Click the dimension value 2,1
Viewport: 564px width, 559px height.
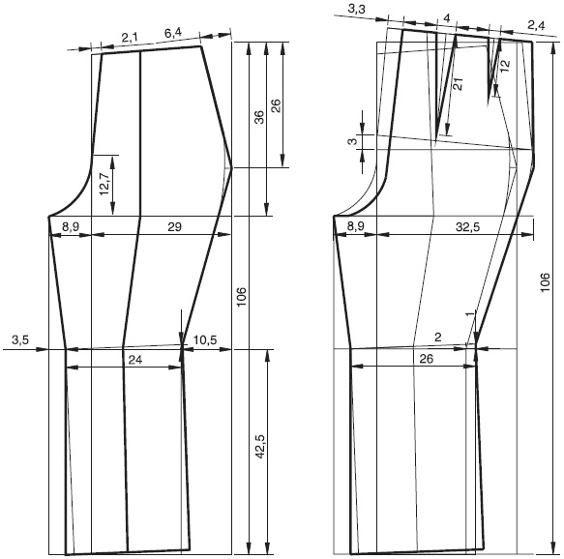click(x=130, y=38)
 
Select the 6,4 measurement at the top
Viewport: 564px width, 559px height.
click(x=173, y=33)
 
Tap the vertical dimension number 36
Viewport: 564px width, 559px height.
click(x=259, y=118)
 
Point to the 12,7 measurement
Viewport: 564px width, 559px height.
click(x=104, y=184)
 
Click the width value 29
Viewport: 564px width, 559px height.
click(x=174, y=227)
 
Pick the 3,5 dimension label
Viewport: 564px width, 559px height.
click(x=20, y=339)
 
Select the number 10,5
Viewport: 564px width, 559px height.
click(x=205, y=339)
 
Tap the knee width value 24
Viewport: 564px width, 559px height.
click(x=135, y=360)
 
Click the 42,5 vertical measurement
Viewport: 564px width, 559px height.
click(x=259, y=446)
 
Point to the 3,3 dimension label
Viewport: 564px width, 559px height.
click(x=356, y=10)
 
